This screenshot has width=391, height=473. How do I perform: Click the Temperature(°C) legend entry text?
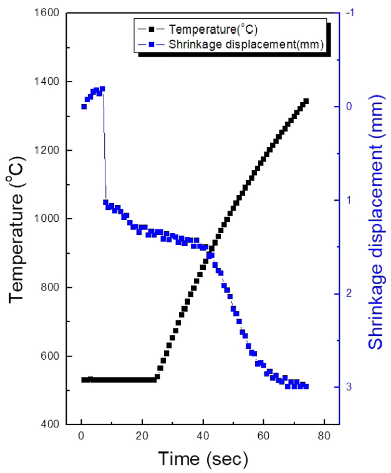214,29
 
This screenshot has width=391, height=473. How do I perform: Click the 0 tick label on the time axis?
81,437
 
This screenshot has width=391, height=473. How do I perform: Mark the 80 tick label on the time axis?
323,437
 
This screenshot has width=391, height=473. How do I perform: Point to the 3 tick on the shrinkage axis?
349,387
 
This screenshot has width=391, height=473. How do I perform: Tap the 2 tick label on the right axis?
349,294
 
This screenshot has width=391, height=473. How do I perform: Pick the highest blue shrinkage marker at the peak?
102,89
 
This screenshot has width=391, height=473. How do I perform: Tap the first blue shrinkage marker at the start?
84,107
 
